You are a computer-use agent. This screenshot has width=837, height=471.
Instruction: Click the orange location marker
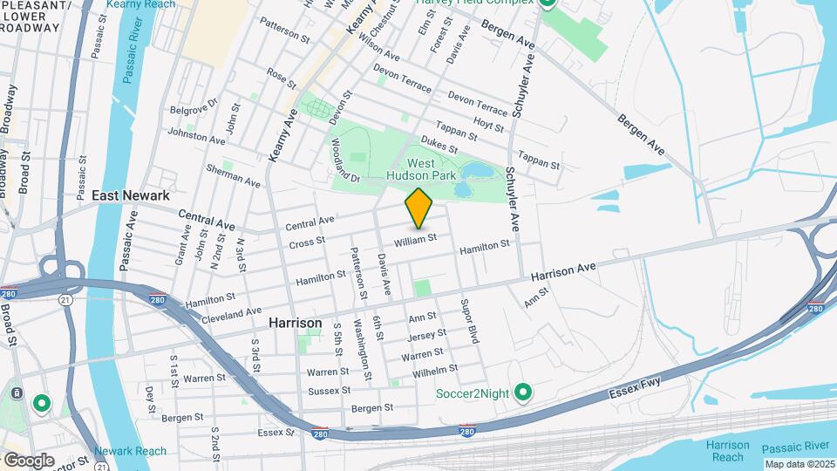coord(419,208)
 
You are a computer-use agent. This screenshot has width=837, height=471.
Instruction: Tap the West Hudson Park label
coord(422,169)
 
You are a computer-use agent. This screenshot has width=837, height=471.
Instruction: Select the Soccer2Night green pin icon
coord(523,393)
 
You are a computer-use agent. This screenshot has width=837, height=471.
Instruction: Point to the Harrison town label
coord(295,323)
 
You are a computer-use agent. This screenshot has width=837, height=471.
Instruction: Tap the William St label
coord(414,239)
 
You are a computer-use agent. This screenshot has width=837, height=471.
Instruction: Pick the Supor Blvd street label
coord(469,321)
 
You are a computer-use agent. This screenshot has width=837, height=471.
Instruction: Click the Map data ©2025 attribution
coord(798,463)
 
